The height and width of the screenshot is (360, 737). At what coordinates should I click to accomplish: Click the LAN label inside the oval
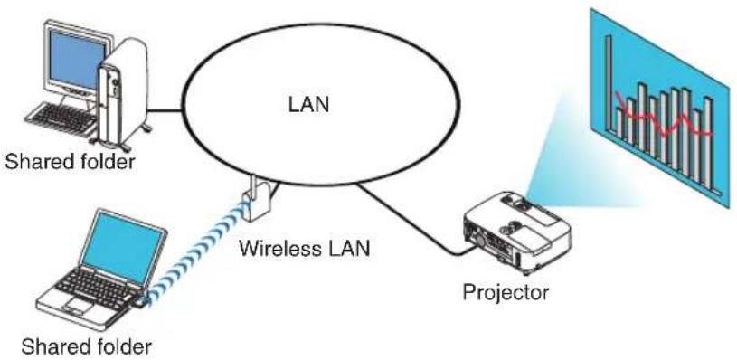(308, 104)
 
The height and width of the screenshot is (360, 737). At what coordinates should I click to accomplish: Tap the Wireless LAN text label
(305, 248)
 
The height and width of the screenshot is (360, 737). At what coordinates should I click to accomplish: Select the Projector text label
(506, 293)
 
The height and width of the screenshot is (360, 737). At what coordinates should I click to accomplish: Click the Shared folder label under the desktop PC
(70, 162)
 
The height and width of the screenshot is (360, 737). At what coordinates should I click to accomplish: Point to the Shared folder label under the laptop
(87, 347)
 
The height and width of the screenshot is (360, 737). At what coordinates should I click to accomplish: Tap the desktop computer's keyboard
(61, 119)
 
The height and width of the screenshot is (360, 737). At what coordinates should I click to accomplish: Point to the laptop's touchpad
(79, 306)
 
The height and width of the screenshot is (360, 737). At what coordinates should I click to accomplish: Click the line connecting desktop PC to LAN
(165, 111)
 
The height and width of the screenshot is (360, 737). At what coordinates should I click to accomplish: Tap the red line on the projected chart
(664, 118)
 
